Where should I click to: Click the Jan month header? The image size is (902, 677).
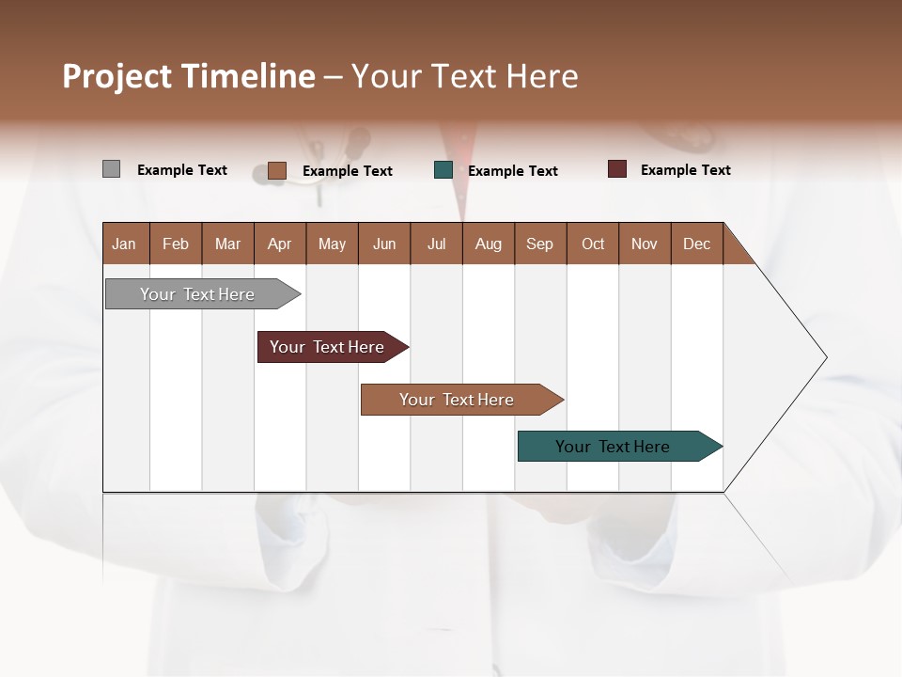[x=124, y=244]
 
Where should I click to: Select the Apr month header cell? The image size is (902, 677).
[x=279, y=244]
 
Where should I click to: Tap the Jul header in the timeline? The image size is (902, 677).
[x=436, y=244]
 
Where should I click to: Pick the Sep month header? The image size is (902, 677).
[x=539, y=244]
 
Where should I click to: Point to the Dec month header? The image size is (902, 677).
[x=696, y=244]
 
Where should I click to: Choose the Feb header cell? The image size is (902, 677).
[x=176, y=244]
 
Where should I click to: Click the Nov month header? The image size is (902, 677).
[x=644, y=244]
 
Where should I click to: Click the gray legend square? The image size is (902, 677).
[x=111, y=169]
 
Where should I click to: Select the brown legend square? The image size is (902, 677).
[x=276, y=170]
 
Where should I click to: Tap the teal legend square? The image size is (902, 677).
[x=443, y=170]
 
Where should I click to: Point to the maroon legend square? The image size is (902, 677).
[x=616, y=169]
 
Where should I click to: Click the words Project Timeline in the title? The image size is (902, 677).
[x=188, y=76]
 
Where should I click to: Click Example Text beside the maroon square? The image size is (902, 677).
[x=685, y=169]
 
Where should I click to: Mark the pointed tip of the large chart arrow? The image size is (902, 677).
[x=825, y=357]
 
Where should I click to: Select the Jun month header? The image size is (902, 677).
[x=383, y=244]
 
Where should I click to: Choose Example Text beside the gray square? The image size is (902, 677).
[x=181, y=169]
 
